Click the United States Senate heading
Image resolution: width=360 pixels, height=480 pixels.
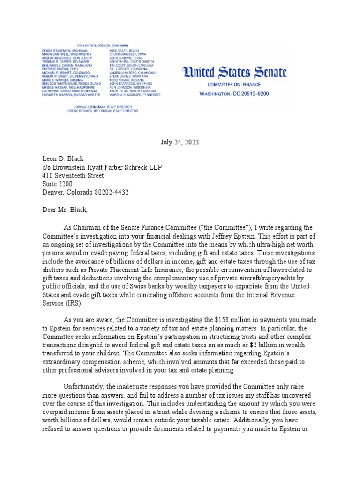click(234, 73)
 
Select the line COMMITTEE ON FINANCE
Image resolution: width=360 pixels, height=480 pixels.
click(234, 85)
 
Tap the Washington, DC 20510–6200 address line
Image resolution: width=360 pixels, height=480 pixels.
click(234, 94)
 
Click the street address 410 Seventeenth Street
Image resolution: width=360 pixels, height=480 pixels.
click(73, 176)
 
